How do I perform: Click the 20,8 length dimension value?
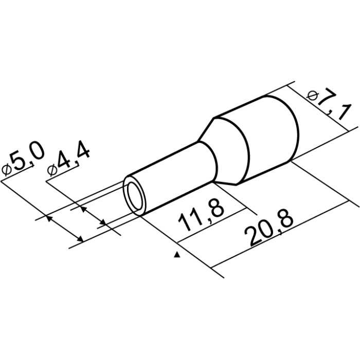(268, 230)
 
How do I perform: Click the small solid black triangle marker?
(176, 255)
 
